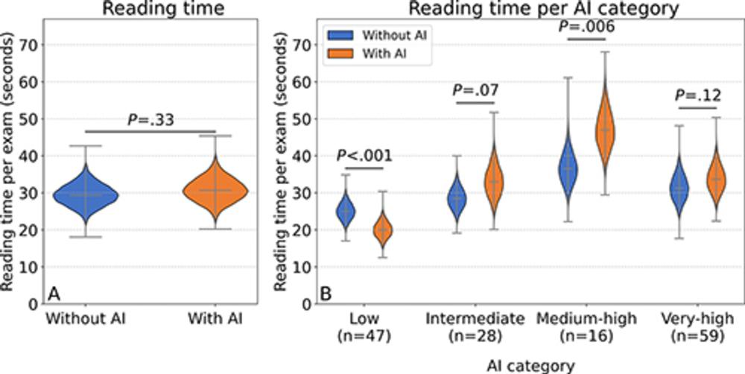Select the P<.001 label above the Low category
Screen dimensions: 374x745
click(364, 156)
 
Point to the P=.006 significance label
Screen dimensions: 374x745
click(585, 25)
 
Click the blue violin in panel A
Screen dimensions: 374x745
click(87, 194)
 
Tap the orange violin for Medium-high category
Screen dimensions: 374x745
click(606, 130)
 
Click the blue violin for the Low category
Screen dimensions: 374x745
click(345, 212)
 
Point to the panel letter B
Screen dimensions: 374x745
click(325, 293)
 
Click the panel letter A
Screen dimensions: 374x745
click(53, 293)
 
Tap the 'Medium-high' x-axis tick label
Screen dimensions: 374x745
click(585, 320)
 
